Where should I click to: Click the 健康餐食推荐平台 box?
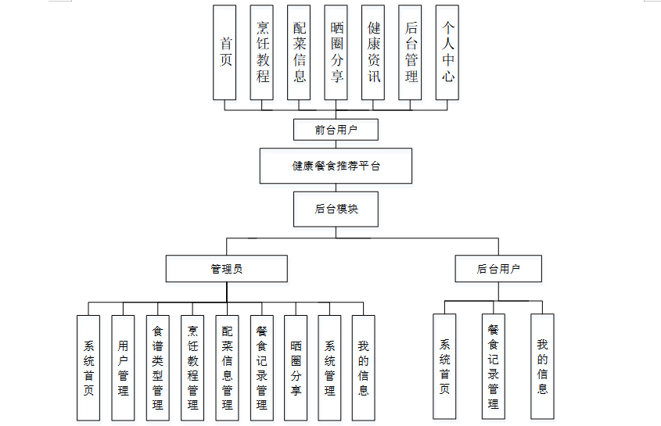click(x=336, y=166)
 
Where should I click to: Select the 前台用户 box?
click(x=336, y=129)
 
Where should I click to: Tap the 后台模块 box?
click(x=336, y=209)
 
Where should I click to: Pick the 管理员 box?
click(x=226, y=269)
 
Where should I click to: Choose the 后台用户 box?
click(x=498, y=269)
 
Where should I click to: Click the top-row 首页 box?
click(x=225, y=52)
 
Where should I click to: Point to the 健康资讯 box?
click(x=373, y=52)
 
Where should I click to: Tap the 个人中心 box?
click(x=447, y=52)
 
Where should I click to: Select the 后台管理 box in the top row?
click(x=410, y=52)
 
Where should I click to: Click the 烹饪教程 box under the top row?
click(x=262, y=52)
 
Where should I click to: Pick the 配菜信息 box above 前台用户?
click(x=299, y=52)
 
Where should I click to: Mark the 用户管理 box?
click(x=123, y=367)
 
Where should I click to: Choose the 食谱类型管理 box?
click(x=157, y=367)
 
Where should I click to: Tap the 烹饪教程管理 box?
click(x=192, y=367)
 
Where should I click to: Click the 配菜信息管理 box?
click(x=227, y=367)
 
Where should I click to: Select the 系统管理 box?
click(x=329, y=367)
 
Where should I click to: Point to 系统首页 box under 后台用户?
click(x=444, y=366)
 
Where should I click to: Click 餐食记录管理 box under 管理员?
click(x=261, y=367)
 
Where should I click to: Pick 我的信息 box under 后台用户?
click(x=542, y=366)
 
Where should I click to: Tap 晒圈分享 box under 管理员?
click(x=295, y=367)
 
